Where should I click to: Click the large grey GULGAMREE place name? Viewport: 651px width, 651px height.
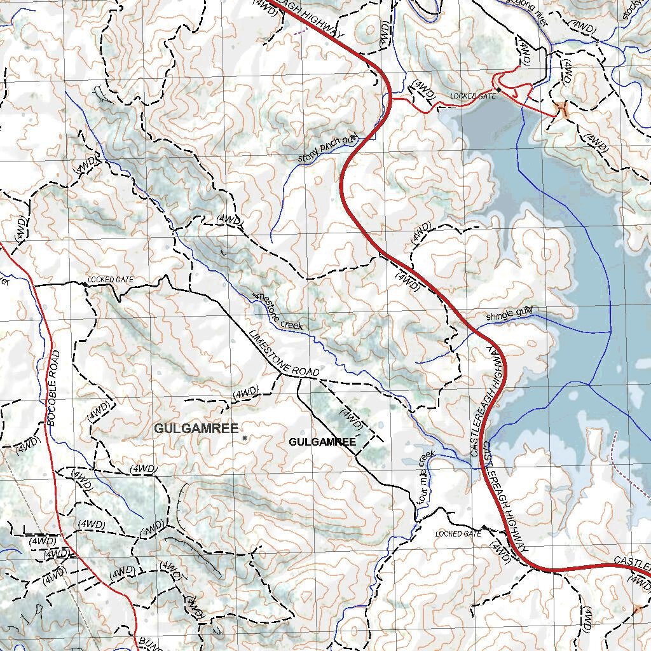[x=196, y=428]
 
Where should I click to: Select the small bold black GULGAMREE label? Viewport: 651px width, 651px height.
[x=322, y=441]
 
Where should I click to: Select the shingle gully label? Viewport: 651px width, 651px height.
[x=509, y=313]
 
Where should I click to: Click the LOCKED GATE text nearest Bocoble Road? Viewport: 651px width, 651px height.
[x=111, y=280]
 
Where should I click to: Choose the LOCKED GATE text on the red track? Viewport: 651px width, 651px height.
[x=472, y=96]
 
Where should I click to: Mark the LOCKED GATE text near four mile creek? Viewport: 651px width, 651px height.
[x=458, y=533]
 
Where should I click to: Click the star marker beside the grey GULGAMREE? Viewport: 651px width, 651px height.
[x=244, y=438]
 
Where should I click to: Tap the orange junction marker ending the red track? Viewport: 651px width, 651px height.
[x=561, y=110]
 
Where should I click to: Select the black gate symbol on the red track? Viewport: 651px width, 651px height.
[x=499, y=90]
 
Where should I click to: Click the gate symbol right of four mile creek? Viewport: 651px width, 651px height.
[x=485, y=527]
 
